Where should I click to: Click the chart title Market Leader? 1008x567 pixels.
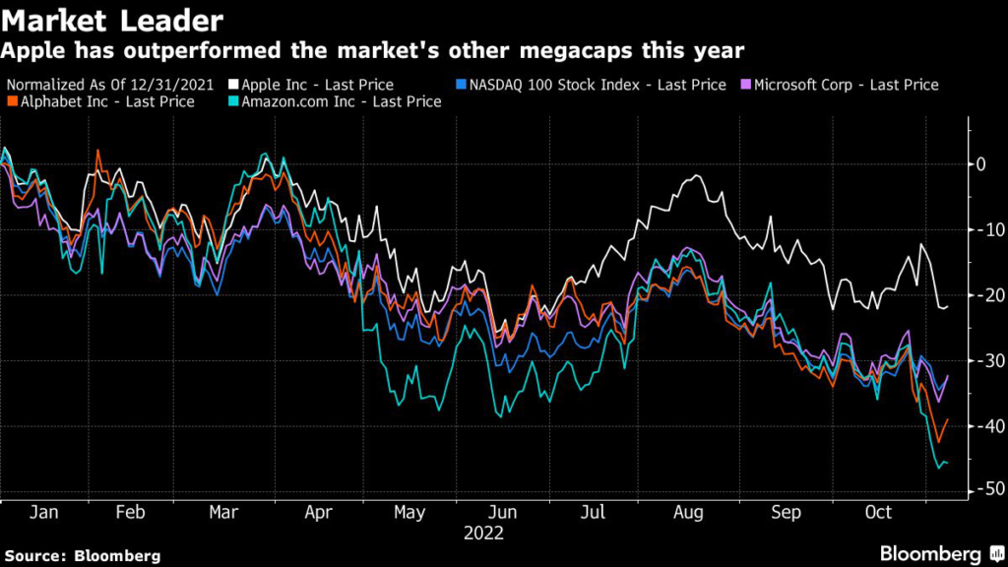tap(111, 19)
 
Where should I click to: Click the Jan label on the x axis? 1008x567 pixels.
tap(42, 513)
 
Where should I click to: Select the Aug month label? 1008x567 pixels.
tap(688, 513)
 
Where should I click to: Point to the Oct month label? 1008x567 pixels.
tap(877, 513)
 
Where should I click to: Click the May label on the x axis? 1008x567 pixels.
tap(409, 513)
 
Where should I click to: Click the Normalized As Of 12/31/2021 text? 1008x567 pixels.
tap(111, 85)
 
